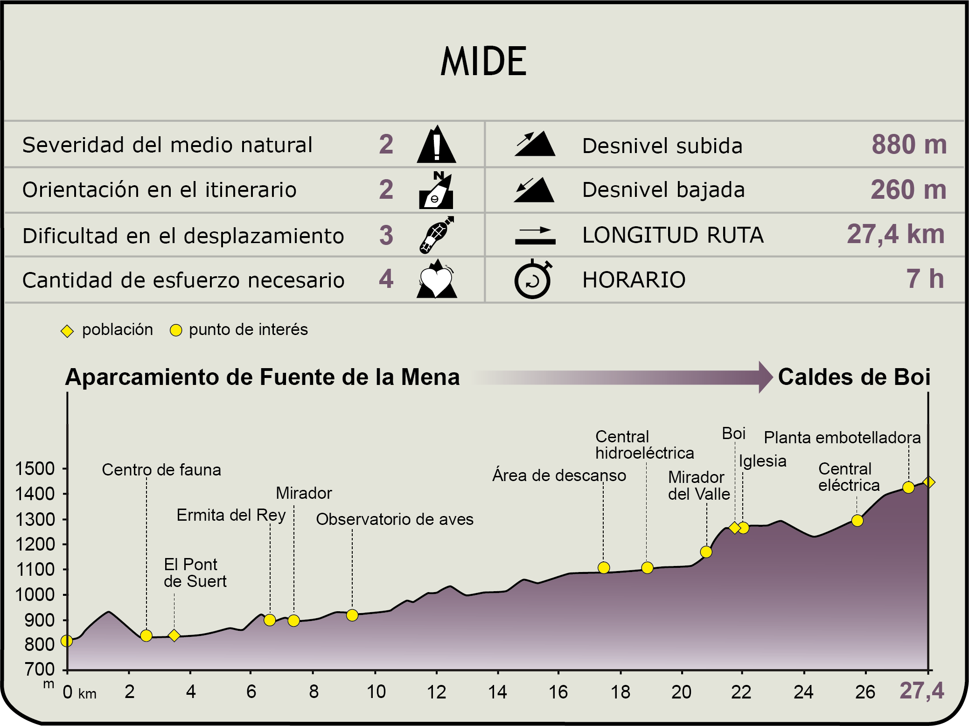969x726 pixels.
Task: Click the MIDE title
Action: pyautogui.click(x=484, y=62)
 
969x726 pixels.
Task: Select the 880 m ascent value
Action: pyautogui.click(x=909, y=145)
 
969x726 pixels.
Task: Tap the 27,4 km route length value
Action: pyautogui.click(x=895, y=234)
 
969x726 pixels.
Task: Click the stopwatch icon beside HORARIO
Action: pyautogui.click(x=533, y=279)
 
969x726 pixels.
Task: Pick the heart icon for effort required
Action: pyautogui.click(x=436, y=279)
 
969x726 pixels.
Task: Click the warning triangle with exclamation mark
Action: pyautogui.click(x=436, y=145)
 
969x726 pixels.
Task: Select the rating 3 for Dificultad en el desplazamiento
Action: pyautogui.click(x=386, y=235)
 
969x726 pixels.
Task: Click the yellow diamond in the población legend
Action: pyautogui.click(x=67, y=331)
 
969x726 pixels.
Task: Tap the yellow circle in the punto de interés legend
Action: pyautogui.click(x=175, y=330)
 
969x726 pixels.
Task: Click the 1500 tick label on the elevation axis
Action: pyautogui.click(x=35, y=468)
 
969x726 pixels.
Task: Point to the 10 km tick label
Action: pyautogui.click(x=376, y=691)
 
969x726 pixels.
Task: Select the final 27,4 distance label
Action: pyautogui.click(x=921, y=691)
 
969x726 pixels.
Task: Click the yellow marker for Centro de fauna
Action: pyautogui.click(x=146, y=635)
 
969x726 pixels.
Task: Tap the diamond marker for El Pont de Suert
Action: pyautogui.click(x=174, y=635)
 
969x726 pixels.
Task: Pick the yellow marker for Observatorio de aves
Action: pyautogui.click(x=352, y=615)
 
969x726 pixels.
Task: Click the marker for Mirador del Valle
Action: pyautogui.click(x=706, y=552)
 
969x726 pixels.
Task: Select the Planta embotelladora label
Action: pyautogui.click(x=842, y=438)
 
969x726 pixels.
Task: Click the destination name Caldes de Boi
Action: pyautogui.click(x=854, y=377)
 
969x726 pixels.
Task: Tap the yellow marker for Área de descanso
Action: pyautogui.click(x=604, y=567)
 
